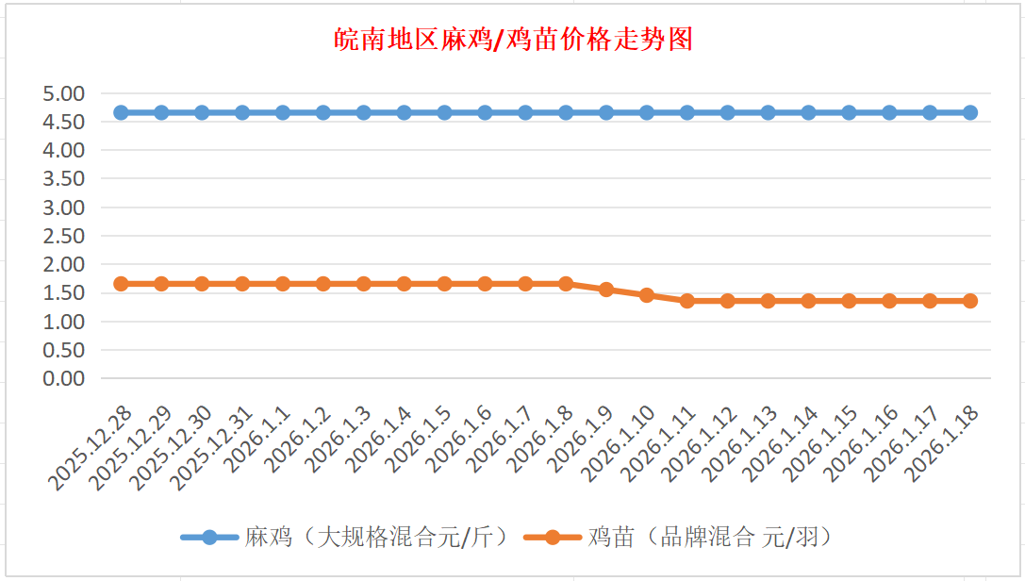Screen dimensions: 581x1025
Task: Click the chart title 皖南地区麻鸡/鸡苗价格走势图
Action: point(514,40)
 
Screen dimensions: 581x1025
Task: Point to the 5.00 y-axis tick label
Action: point(63,93)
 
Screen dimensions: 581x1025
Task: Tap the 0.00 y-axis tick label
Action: point(63,378)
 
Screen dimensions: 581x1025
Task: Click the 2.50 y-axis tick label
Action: point(63,236)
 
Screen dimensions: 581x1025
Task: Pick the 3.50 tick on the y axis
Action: point(63,178)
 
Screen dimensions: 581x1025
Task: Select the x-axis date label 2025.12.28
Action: point(91,449)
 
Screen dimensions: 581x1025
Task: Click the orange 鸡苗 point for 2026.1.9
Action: point(606,290)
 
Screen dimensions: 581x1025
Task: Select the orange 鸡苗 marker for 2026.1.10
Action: point(647,295)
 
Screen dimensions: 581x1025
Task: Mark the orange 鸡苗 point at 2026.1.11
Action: point(687,301)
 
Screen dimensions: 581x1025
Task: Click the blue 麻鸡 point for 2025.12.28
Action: point(121,112)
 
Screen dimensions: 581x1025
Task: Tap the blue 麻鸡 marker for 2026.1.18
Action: point(970,112)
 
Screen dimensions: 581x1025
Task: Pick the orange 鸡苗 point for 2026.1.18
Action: point(970,301)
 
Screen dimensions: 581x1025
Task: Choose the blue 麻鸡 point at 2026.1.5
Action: point(444,112)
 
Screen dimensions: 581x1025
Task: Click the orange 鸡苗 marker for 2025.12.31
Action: point(242,284)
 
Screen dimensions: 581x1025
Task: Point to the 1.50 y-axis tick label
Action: point(63,292)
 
